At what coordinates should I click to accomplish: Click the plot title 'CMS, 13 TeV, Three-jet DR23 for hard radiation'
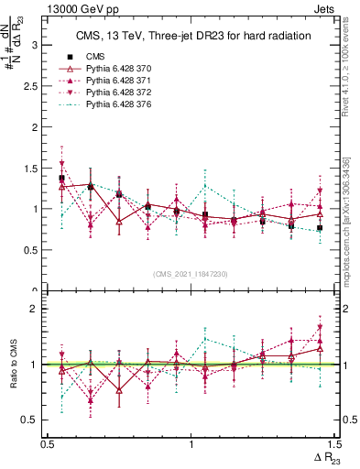(x=191, y=36)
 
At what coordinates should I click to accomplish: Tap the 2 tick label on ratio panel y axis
(x=34, y=309)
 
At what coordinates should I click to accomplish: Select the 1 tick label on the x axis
(x=191, y=444)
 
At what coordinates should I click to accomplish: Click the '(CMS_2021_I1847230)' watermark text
(x=191, y=273)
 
